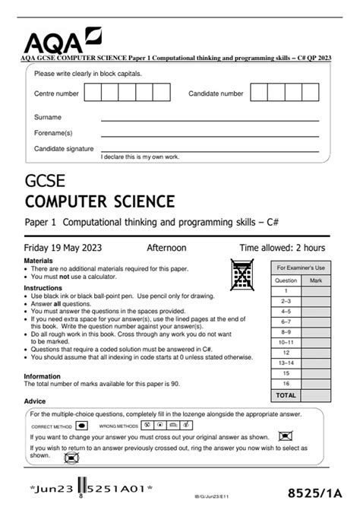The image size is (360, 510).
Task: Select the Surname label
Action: pyautogui.click(x=48, y=118)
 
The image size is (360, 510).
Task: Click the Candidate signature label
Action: pyautogui.click(x=64, y=149)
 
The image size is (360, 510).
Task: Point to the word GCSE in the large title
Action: pyautogui.click(x=45, y=182)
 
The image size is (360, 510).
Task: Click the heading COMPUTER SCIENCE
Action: pyautogui.click(x=99, y=201)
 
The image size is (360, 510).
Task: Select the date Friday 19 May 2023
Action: pyautogui.click(x=63, y=248)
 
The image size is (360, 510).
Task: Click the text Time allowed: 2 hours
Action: pyautogui.click(x=282, y=248)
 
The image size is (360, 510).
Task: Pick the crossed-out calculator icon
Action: pyautogui.click(x=242, y=271)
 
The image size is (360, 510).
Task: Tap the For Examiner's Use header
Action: pyautogui.click(x=300, y=268)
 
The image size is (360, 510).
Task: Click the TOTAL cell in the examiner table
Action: pyautogui.click(x=286, y=396)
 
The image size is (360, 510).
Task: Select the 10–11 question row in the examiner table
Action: pyautogui.click(x=286, y=343)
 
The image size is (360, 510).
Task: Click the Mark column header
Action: pyautogui.click(x=315, y=280)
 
